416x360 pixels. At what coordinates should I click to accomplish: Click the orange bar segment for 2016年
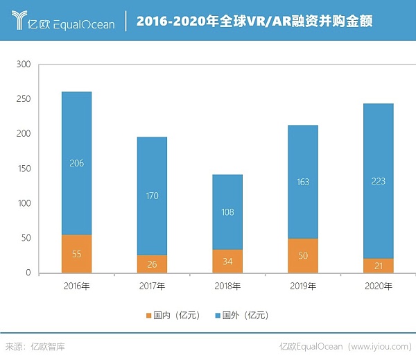click(x=76, y=254)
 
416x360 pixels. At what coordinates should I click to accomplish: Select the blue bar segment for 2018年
click(x=227, y=212)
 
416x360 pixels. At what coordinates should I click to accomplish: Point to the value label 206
click(x=76, y=164)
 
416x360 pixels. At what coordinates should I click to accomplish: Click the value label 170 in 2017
click(x=152, y=196)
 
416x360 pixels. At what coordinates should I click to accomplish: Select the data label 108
click(x=227, y=211)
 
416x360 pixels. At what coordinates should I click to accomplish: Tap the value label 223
click(x=378, y=182)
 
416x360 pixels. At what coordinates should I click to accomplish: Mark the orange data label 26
click(x=152, y=264)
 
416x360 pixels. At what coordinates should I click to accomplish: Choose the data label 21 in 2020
click(x=378, y=266)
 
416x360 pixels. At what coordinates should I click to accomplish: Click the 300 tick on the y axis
click(x=24, y=65)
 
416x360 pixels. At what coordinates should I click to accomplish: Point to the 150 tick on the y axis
click(x=24, y=169)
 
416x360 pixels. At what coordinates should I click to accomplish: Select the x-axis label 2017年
click(x=152, y=286)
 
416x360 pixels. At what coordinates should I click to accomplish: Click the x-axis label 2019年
click(x=302, y=286)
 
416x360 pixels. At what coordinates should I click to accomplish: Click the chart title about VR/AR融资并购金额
click(x=254, y=22)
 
